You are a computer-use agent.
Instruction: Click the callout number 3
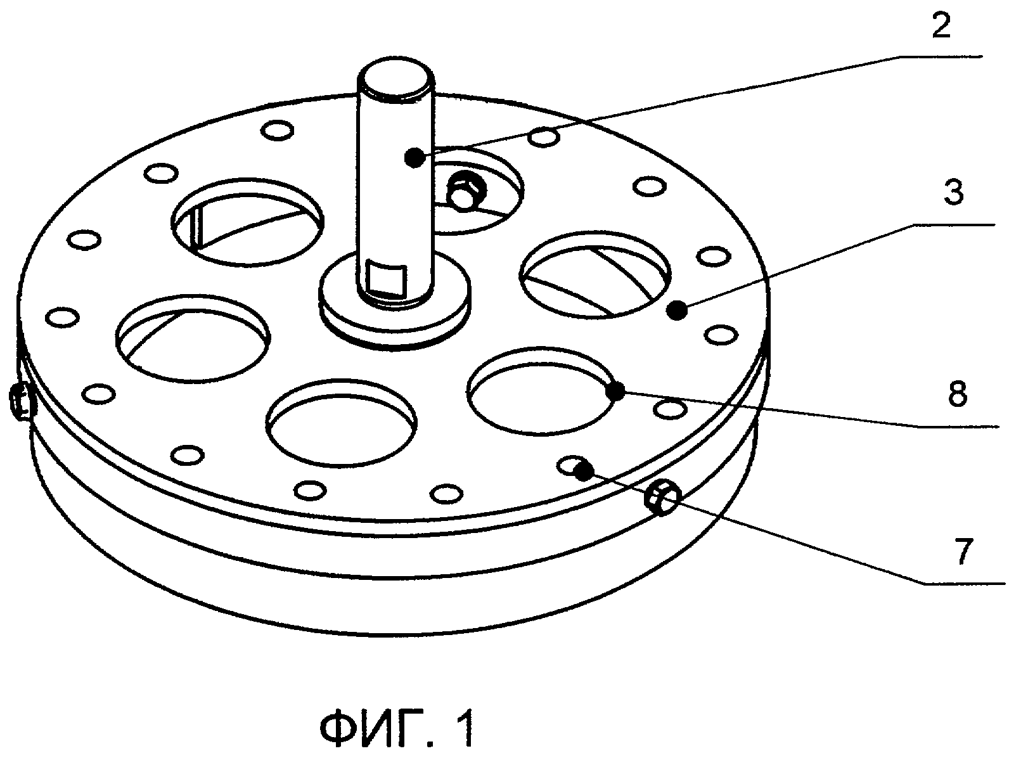point(953,193)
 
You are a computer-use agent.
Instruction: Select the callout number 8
point(956,394)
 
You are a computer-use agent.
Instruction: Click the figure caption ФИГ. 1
point(397,729)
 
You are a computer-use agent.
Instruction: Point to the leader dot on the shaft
point(415,157)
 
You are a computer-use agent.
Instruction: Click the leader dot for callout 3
point(678,311)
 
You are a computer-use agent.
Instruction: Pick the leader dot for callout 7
point(584,471)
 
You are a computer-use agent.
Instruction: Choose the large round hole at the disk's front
point(342,421)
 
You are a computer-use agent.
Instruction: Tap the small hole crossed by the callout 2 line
point(546,136)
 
